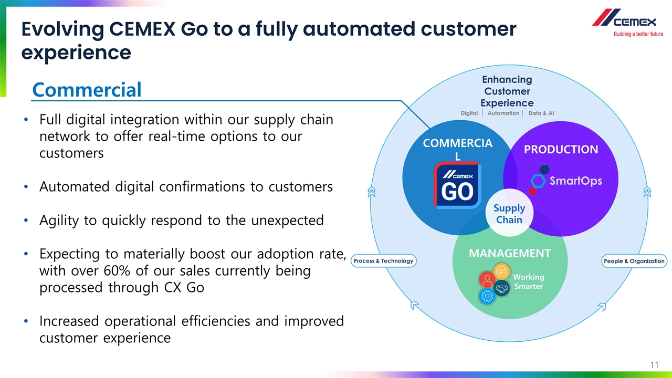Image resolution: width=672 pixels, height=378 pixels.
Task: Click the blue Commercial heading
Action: coord(87,90)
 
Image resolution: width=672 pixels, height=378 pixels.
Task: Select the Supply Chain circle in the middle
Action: coord(509,214)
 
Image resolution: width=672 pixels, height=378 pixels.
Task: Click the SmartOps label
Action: coord(575,181)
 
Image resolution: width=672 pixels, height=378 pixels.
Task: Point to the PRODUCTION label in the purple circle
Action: coord(561,150)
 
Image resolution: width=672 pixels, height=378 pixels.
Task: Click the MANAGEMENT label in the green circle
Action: coord(509,254)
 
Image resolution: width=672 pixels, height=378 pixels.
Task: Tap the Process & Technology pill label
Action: coord(383,261)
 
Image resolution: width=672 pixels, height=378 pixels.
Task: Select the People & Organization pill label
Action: coord(634,261)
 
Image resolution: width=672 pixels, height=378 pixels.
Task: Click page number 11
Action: coord(654,365)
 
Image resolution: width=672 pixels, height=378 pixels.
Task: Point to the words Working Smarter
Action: coord(528,281)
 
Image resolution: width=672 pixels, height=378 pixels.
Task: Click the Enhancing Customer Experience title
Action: coord(507,91)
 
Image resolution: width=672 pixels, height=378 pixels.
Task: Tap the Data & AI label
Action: coord(541,113)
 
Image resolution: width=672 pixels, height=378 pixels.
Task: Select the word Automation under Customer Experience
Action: coord(503,113)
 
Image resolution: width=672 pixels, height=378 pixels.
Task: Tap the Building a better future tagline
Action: coord(634,35)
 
